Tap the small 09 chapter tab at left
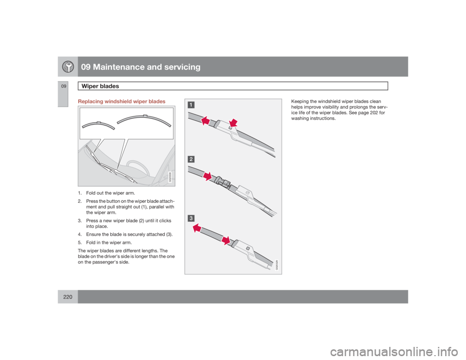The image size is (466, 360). (x=62, y=85)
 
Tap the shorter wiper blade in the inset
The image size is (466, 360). (x=99, y=125)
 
